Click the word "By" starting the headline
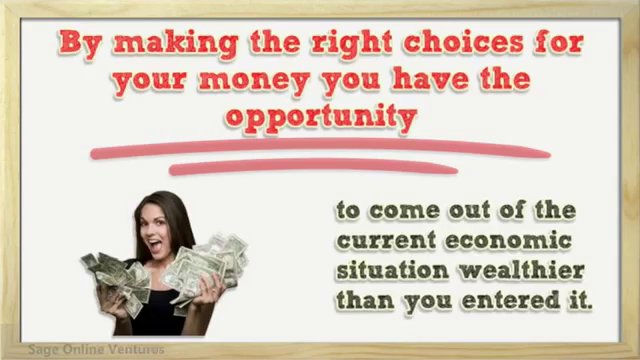pos(79,45)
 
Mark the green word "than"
pos(367,299)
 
